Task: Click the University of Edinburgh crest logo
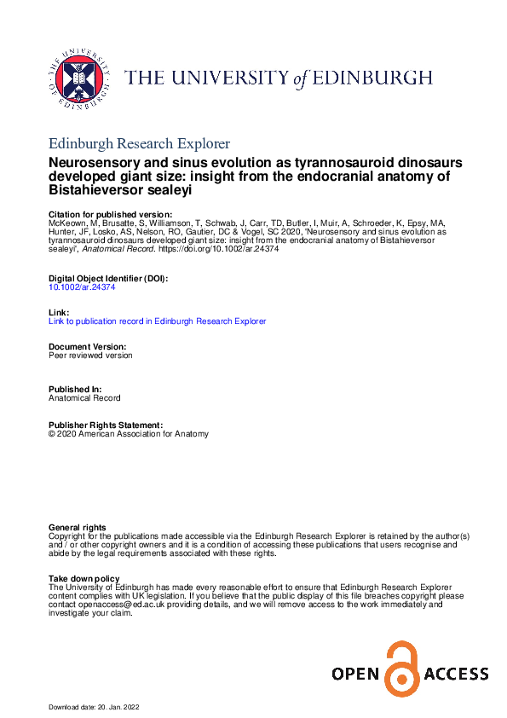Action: (78, 78)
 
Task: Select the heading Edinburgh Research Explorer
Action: (140, 142)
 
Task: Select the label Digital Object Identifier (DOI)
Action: (108, 279)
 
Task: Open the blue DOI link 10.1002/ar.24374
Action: (83, 287)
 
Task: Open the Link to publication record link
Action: (158, 321)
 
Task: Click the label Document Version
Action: (87, 346)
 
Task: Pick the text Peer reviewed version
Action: (90, 356)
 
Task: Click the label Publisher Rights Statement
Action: (105, 425)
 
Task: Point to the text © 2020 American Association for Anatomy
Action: (129, 433)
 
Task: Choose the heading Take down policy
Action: (84, 579)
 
